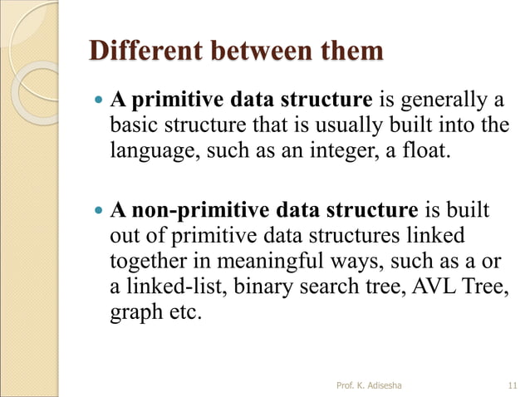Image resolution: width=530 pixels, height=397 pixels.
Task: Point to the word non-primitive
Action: pos(197,208)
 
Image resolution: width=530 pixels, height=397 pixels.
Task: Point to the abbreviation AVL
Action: pos(429,288)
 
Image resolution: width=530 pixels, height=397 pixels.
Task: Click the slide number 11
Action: pos(512,385)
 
